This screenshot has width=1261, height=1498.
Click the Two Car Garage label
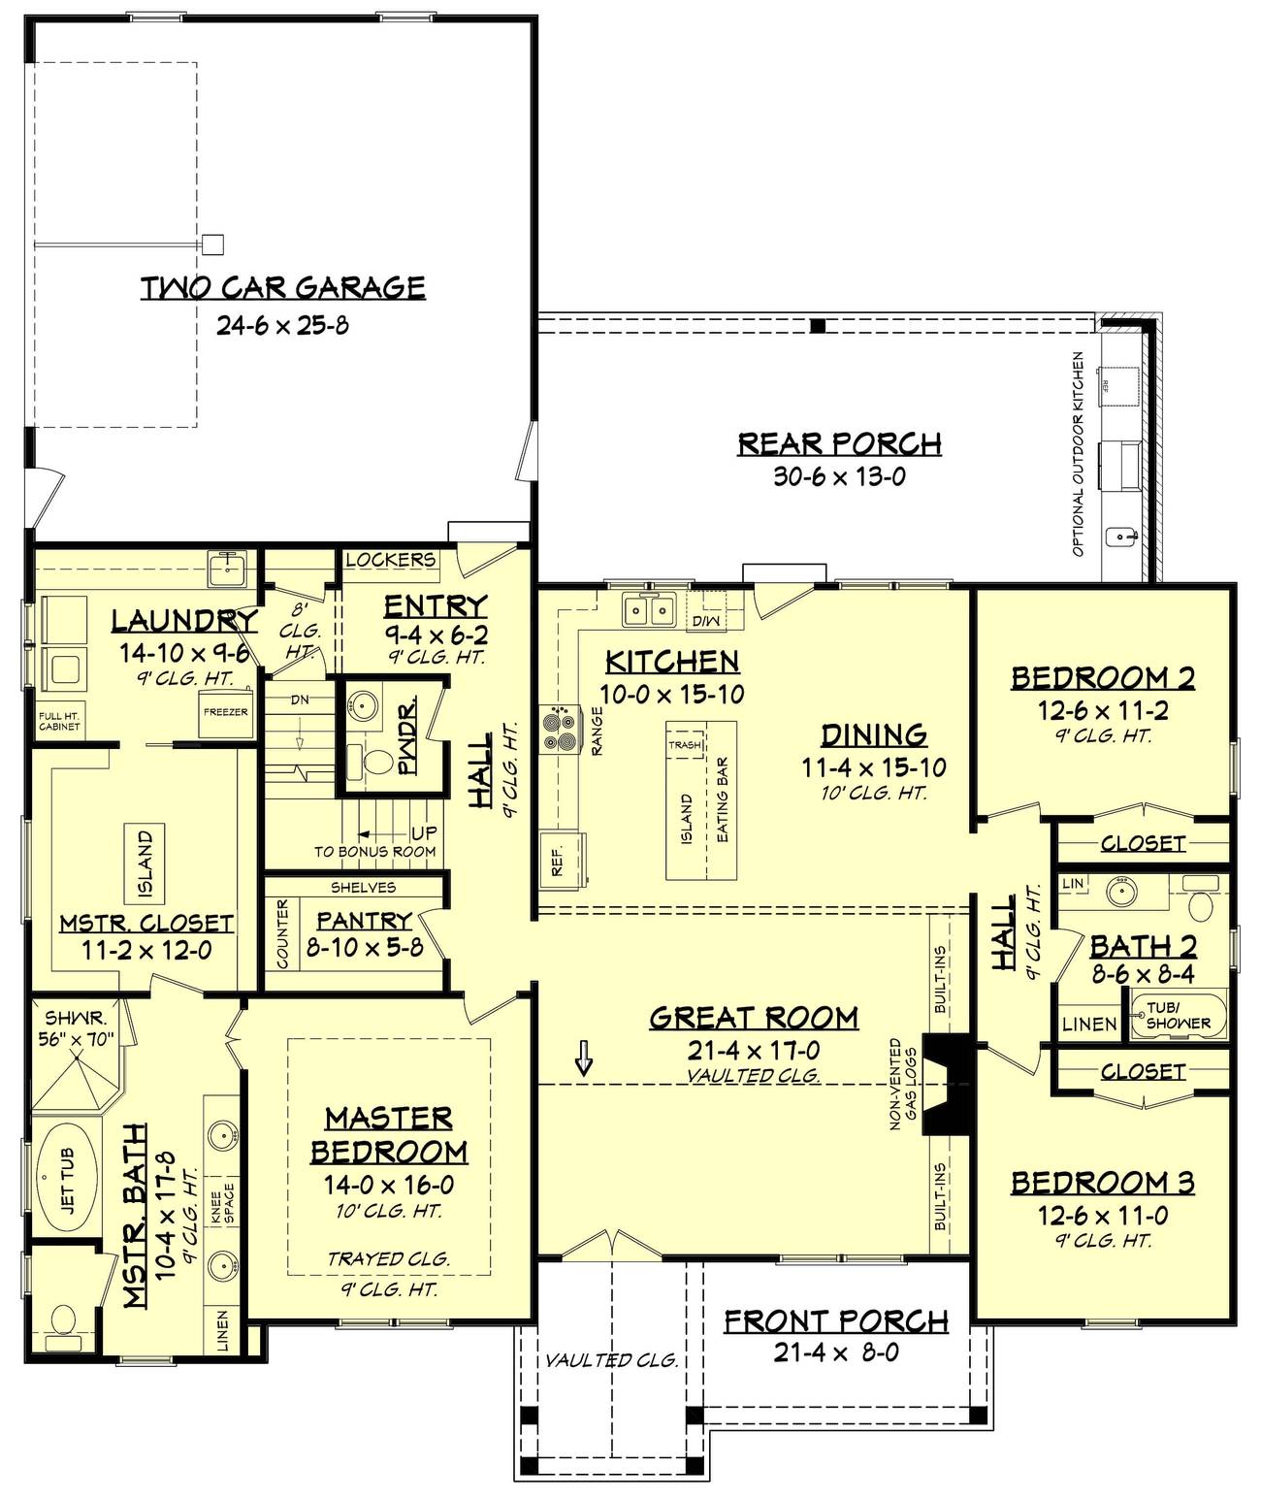[x=282, y=287]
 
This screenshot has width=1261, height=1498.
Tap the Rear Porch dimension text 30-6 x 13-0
[x=839, y=476]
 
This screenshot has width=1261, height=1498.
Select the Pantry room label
[x=364, y=920]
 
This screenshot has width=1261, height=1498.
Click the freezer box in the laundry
[x=225, y=712]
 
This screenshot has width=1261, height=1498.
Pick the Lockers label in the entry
[x=390, y=560]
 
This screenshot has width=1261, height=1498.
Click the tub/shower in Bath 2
[x=1178, y=1015]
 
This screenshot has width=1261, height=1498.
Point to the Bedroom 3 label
[x=1103, y=1183]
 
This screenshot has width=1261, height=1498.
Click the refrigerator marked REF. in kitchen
[x=563, y=859]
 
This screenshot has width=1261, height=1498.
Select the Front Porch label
[x=836, y=1320]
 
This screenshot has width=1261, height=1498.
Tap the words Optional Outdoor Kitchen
[x=1078, y=454]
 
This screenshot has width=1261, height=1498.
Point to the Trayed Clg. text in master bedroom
[x=388, y=1258]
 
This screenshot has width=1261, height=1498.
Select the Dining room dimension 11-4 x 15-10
[x=874, y=767]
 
